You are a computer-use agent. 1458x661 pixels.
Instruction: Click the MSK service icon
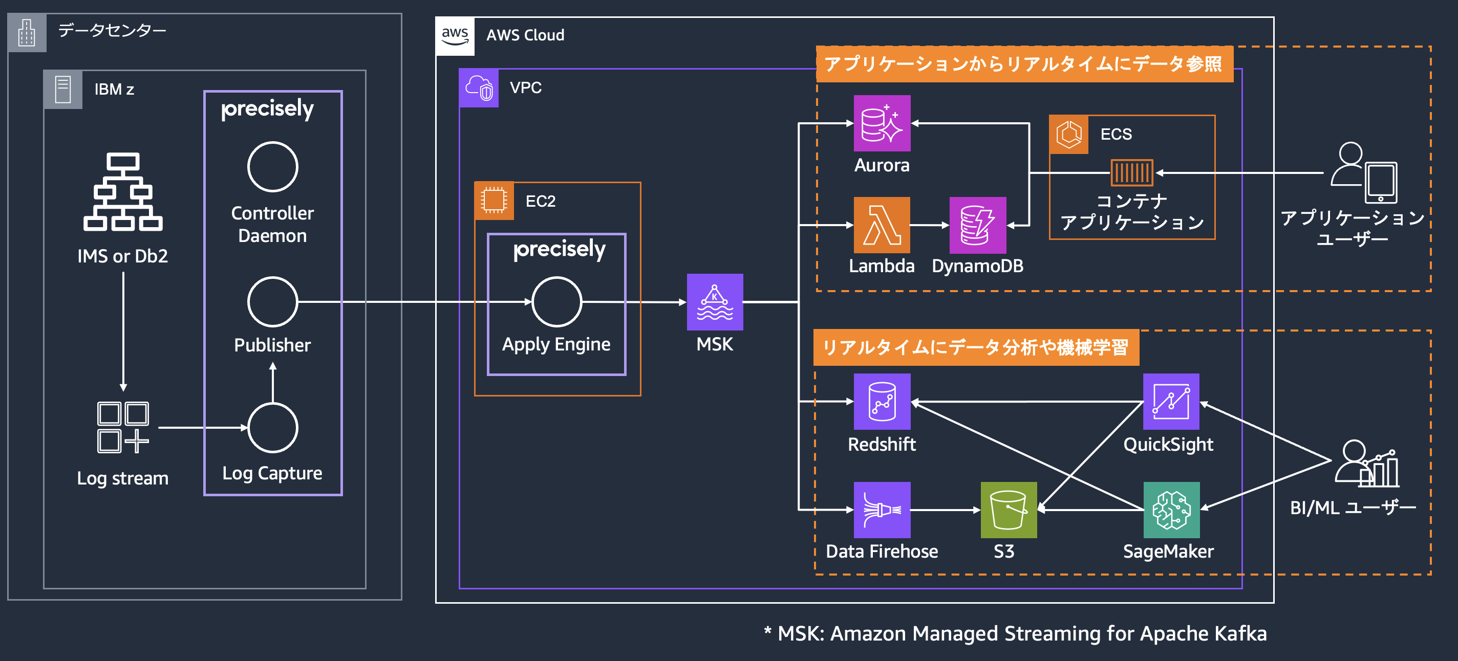click(x=714, y=302)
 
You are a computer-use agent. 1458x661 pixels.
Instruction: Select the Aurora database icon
click(x=882, y=123)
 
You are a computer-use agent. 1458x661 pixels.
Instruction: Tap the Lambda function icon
click(x=882, y=225)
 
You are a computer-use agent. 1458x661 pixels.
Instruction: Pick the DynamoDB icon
click(x=977, y=225)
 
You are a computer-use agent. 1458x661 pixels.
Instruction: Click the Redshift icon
click(x=882, y=402)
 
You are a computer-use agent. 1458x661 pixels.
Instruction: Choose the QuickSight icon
click(x=1171, y=402)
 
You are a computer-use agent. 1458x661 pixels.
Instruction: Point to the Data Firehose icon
click(x=882, y=510)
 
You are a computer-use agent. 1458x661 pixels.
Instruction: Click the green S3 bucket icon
click(x=1009, y=510)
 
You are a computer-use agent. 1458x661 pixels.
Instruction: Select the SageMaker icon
click(x=1171, y=510)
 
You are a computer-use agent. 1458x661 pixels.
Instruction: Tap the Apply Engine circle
click(x=557, y=302)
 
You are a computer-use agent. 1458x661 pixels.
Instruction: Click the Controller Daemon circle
click(x=273, y=167)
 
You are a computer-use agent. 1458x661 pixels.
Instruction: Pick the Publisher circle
click(x=273, y=302)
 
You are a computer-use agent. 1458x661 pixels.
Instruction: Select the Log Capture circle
click(x=273, y=428)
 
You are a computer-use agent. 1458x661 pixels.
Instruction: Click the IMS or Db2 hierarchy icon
click(x=123, y=192)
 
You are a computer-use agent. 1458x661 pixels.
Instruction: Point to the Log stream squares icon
click(x=123, y=428)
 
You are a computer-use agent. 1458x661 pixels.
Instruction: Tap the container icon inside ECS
click(x=1131, y=173)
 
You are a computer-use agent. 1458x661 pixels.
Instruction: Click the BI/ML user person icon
click(x=1366, y=464)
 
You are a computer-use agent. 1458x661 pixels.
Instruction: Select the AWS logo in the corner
click(x=455, y=36)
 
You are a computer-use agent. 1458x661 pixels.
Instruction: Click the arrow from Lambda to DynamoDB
click(x=929, y=225)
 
